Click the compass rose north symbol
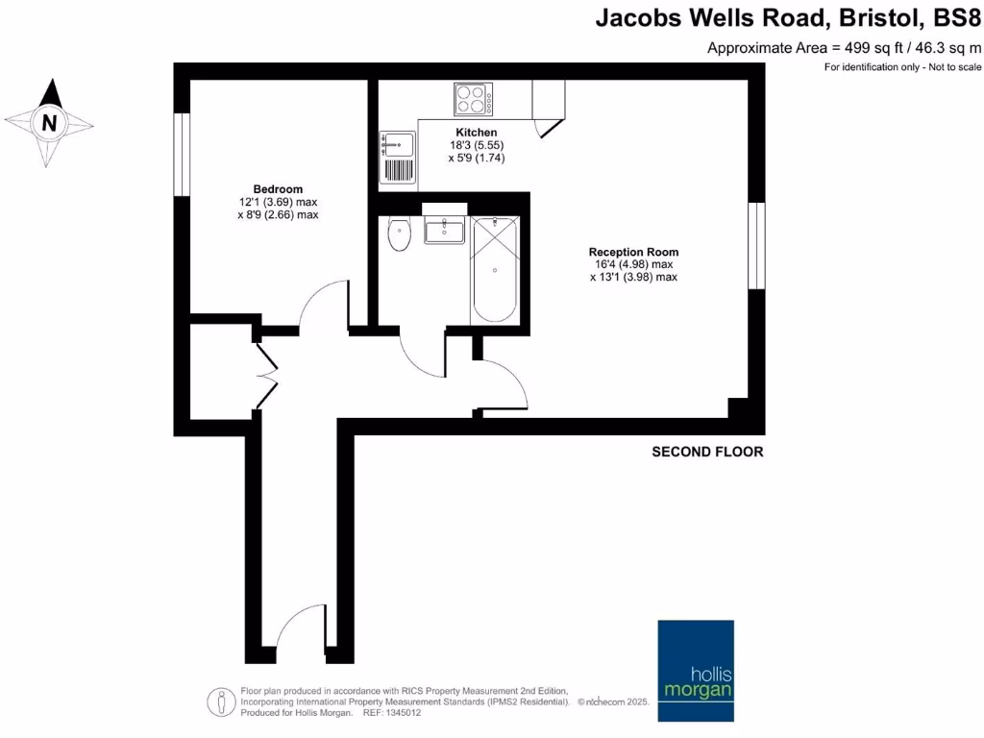pos(49,123)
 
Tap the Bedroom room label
pos(278,188)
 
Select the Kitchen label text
pos(476,133)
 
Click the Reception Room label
pos(633,252)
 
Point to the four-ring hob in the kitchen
pos(473,99)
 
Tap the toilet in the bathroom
pos(399,234)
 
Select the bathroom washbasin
pos(445,229)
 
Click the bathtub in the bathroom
pos(496,271)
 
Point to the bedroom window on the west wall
pos(181,154)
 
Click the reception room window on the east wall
pos(756,245)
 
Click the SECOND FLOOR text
pos(707,452)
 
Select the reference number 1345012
pos(402,713)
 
